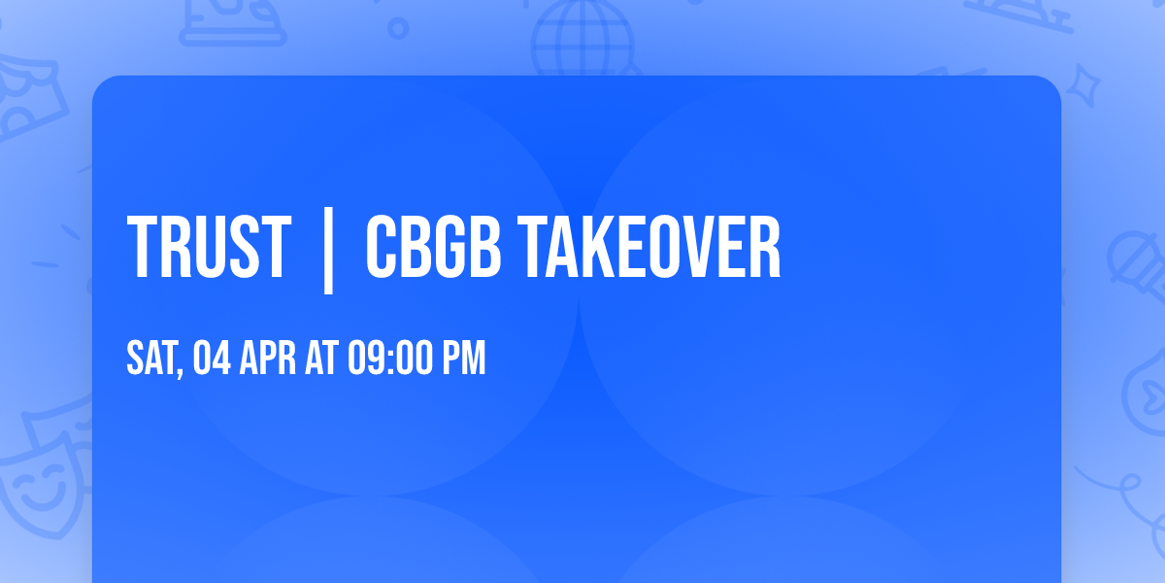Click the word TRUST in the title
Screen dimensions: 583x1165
click(x=209, y=248)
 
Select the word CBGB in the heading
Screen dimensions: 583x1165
click(x=433, y=248)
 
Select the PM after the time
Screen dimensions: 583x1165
click(x=464, y=359)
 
